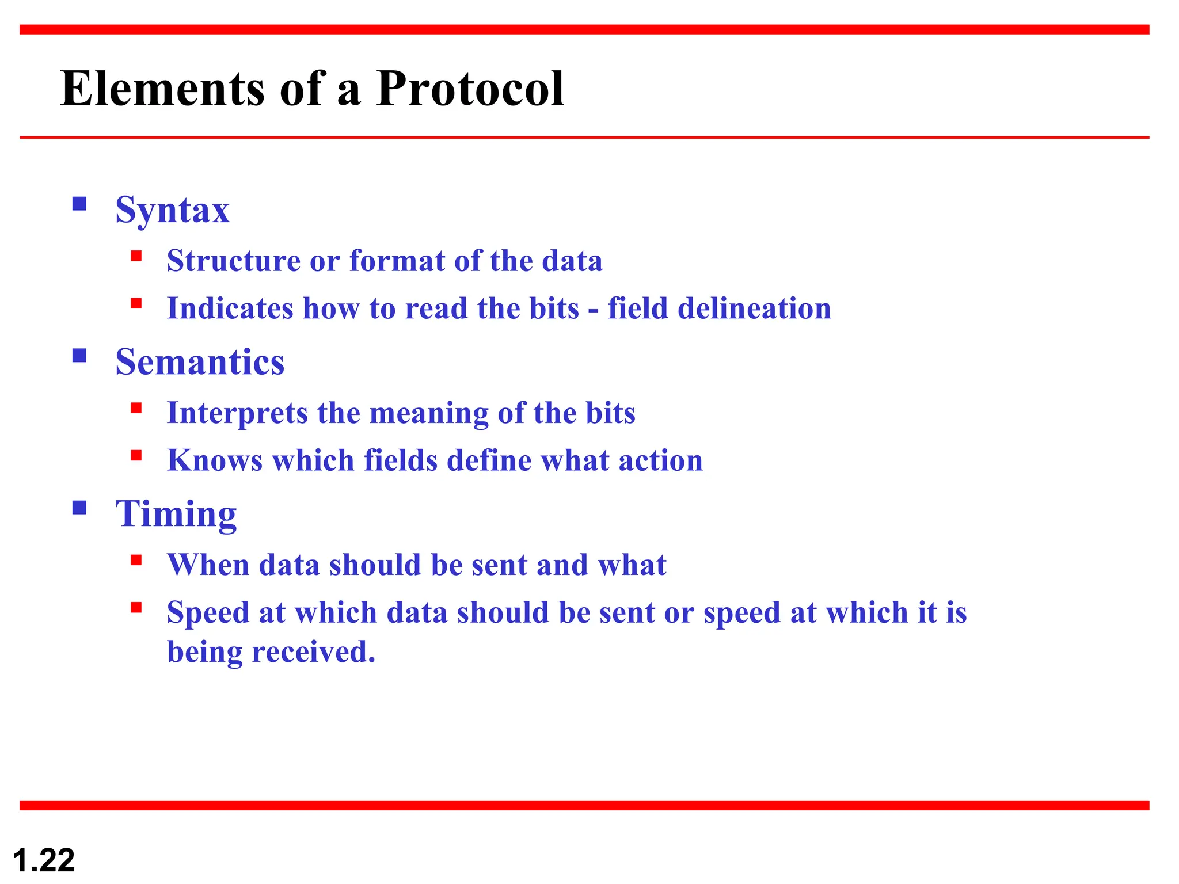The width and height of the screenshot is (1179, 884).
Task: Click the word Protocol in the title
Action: (x=470, y=89)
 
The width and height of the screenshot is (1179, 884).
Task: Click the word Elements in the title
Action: (x=162, y=89)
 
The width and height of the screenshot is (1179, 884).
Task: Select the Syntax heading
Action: (x=172, y=211)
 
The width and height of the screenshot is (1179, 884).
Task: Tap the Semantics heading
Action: (x=200, y=363)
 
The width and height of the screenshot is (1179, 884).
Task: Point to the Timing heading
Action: (x=176, y=514)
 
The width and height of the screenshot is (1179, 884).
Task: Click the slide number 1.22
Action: (x=44, y=860)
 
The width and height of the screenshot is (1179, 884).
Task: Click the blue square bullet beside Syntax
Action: (x=79, y=204)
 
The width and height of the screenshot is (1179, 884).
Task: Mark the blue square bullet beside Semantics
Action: (x=79, y=356)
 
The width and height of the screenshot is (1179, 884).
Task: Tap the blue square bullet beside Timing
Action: (x=79, y=508)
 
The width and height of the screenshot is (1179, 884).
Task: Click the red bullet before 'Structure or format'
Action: (x=136, y=256)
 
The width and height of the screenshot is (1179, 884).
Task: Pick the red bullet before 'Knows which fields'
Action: (x=136, y=456)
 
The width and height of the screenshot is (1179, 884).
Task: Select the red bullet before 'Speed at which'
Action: (x=136, y=608)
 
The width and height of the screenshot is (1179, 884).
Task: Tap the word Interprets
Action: (x=237, y=414)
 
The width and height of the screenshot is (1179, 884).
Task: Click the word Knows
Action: (x=215, y=460)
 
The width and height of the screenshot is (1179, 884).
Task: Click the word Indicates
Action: (x=230, y=308)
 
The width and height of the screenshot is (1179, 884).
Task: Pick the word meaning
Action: (x=428, y=414)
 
